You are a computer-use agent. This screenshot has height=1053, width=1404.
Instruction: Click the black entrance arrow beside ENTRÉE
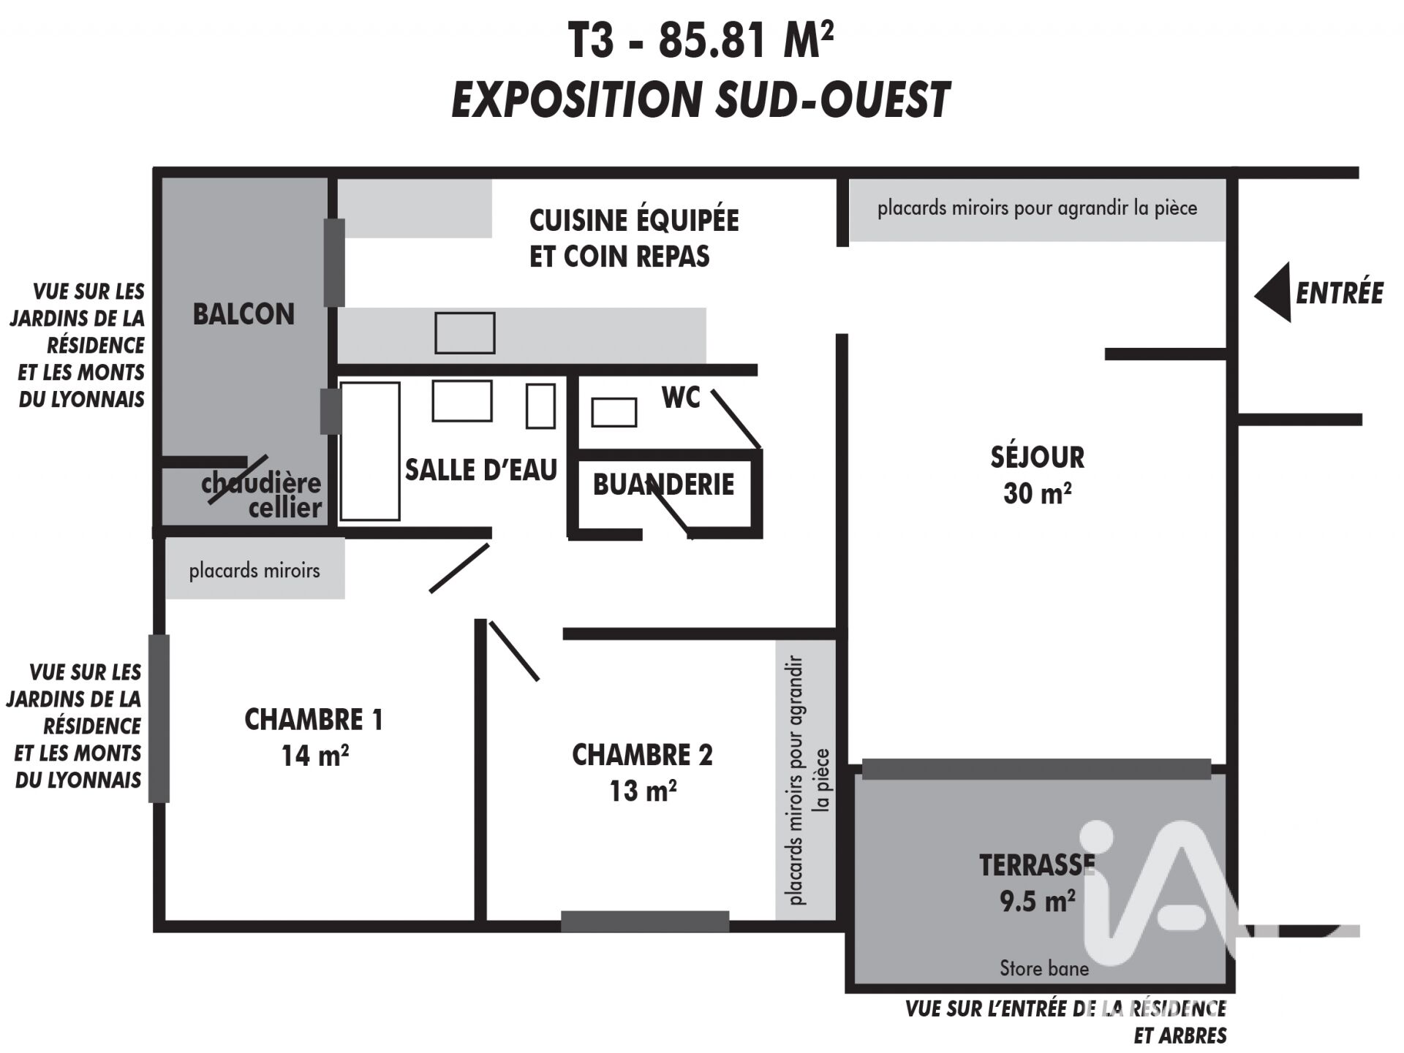[x=1273, y=292]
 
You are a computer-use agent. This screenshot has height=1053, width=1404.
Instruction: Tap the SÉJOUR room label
[x=1037, y=457]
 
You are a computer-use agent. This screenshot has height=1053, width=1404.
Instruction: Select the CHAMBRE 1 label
[x=314, y=720]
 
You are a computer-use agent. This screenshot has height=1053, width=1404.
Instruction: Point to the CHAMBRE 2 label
[x=642, y=755]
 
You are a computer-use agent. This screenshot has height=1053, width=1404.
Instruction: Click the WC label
[x=681, y=398]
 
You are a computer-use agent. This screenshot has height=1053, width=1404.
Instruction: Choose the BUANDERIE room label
[x=663, y=484]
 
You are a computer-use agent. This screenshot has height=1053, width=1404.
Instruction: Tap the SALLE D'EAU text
[x=481, y=470]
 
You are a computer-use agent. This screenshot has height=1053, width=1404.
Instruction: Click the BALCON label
[x=244, y=314]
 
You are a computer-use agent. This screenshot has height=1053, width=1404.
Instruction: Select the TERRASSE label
[x=1037, y=865]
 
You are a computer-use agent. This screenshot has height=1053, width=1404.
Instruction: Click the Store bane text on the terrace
[x=1044, y=968]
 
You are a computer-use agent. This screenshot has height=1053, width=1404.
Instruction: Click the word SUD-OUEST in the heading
[x=832, y=99]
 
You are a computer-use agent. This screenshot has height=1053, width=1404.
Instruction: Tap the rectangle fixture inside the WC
[x=614, y=412]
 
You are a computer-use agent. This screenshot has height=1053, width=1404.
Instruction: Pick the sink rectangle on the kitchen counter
[x=465, y=333]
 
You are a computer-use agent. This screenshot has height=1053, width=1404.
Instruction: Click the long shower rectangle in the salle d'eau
[x=370, y=451]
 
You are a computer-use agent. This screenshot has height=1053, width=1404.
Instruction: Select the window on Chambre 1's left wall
[x=159, y=718]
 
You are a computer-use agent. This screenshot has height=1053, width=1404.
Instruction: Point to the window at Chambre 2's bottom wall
[x=645, y=921]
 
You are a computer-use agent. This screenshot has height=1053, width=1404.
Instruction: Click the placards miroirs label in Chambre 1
[x=254, y=570]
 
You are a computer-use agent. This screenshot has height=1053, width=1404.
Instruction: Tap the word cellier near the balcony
[x=285, y=508]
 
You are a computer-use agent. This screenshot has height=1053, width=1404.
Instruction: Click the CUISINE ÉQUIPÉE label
[x=634, y=220]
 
